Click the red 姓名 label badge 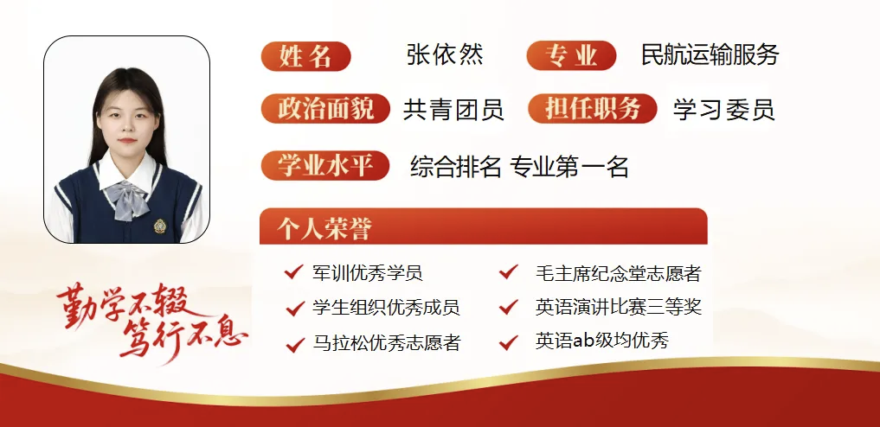click(305, 56)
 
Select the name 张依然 click(445, 55)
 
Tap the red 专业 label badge click(571, 56)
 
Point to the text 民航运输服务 click(710, 55)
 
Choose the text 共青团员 click(453, 110)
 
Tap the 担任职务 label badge click(593, 110)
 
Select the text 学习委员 click(723, 110)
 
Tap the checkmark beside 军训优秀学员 click(293, 273)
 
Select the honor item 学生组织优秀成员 click(385, 308)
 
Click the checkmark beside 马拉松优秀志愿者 click(293, 343)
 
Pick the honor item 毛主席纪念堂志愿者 click(618, 274)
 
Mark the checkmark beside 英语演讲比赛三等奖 click(508, 308)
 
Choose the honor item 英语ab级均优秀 click(601, 341)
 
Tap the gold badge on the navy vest click(159, 226)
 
